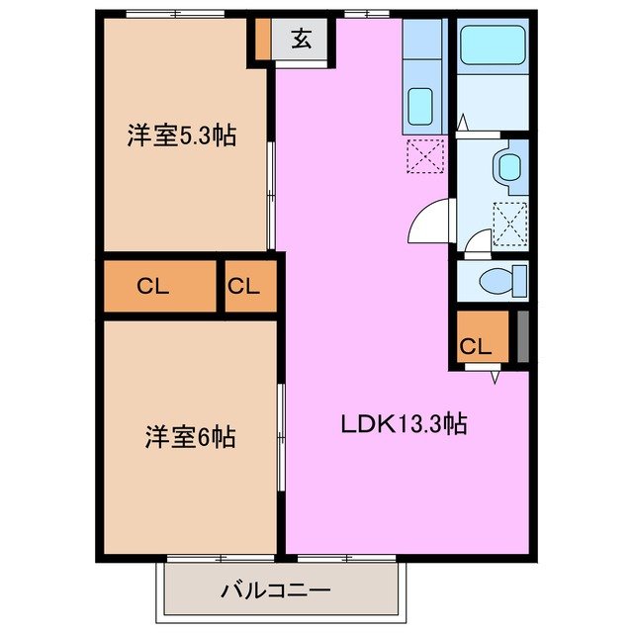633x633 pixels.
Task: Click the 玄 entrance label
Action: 301,41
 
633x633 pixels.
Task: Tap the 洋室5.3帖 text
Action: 181,136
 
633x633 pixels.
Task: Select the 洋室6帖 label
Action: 191,436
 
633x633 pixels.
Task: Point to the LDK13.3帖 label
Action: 404,425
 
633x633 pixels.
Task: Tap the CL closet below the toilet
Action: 476,345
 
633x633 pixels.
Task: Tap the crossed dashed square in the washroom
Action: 510,225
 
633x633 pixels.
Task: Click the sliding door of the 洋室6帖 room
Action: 282,436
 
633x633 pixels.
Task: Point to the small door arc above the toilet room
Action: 477,240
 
